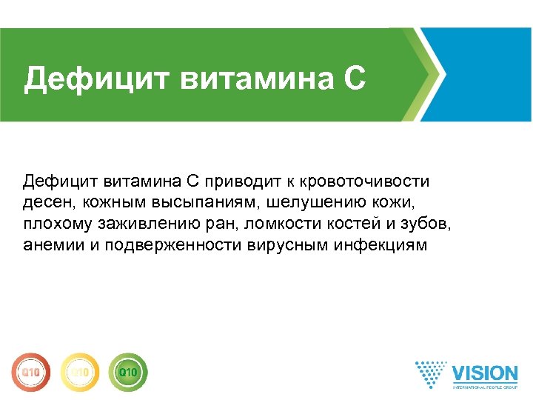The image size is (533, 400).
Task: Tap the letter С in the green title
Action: (354, 79)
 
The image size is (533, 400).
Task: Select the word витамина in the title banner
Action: (255, 79)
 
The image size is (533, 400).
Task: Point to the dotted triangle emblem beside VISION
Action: (431, 375)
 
